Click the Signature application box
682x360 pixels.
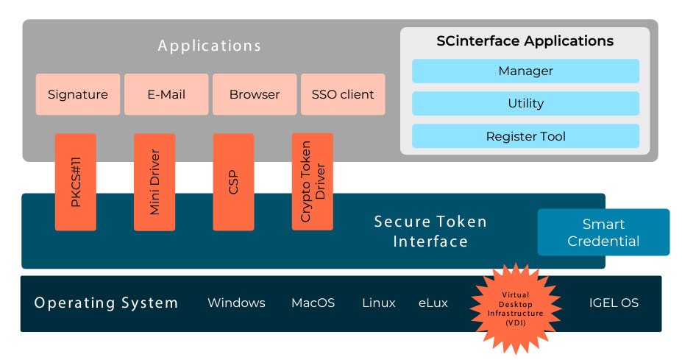78,94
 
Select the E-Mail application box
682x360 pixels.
166,94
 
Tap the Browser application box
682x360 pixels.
255,94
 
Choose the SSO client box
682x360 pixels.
343,94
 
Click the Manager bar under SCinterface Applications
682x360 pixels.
525,71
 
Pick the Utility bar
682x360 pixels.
525,104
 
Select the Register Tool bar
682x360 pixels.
525,136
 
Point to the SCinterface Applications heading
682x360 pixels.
525,41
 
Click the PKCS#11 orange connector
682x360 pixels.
76,181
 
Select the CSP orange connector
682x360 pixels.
233,181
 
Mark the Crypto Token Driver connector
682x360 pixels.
312,181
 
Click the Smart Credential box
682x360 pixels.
603,233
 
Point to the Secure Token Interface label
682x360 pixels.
430,231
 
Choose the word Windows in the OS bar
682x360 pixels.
236,303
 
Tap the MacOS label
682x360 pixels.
313,303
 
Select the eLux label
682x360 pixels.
433,303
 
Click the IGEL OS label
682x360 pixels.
614,303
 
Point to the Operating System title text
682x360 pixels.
106,303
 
